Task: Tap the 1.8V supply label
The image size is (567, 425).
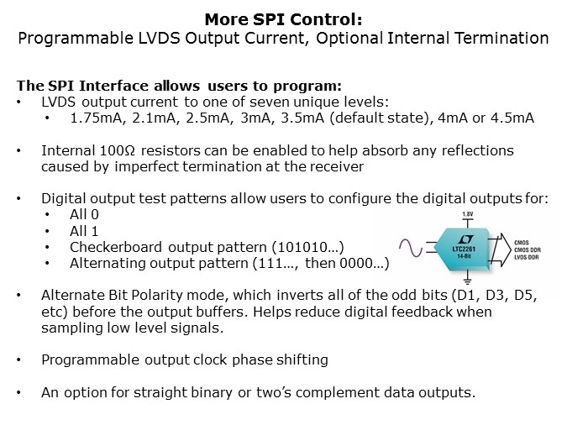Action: coord(468,215)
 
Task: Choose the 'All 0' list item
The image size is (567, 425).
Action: coord(85,214)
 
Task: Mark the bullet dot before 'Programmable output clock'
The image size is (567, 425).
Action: coord(21,360)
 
